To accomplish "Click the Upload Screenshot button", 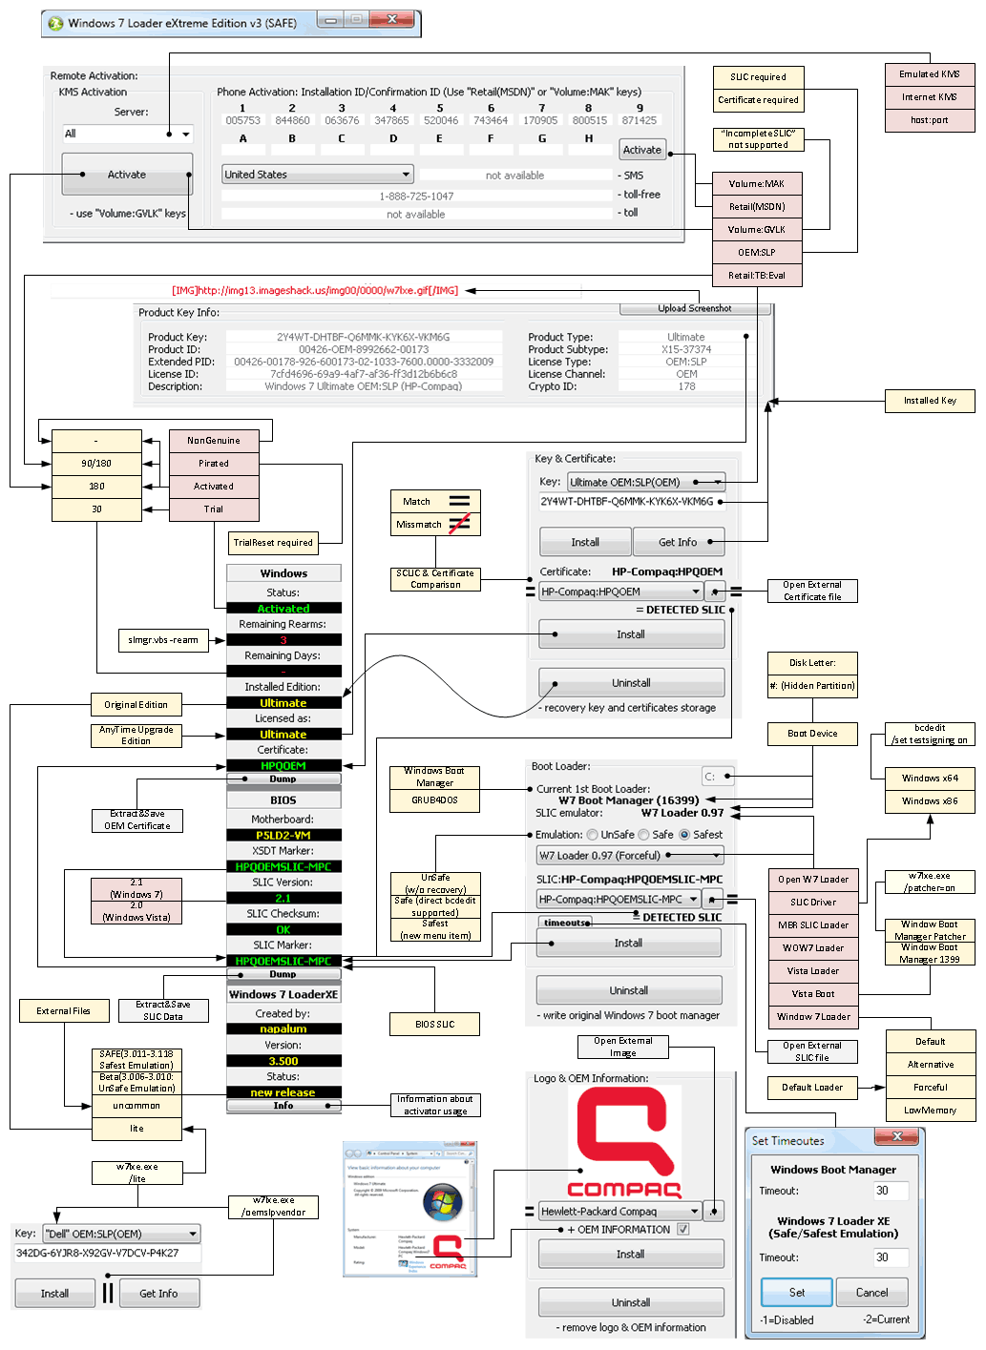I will coord(694,308).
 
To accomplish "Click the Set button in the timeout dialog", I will coord(796,1293).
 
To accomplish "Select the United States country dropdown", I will coord(317,175).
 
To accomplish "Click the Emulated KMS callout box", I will coord(929,74).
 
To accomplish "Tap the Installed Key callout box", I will coord(930,401).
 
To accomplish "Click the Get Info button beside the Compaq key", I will coord(678,542).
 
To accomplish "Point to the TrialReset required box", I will coord(273,543).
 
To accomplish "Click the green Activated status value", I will coord(283,609).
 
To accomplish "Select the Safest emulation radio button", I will coord(684,835).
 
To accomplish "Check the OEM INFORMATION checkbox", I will coord(683,1230).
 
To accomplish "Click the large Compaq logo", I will coord(624,1144).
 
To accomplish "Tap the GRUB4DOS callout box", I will coord(434,800).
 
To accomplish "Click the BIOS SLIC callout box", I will coord(434,1025).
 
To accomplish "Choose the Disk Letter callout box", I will coord(812,663).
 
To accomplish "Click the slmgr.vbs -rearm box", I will coord(163,640).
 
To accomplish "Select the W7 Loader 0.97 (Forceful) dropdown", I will coord(630,856).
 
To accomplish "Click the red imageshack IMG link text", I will coord(315,290).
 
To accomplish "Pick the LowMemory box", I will coord(930,1111).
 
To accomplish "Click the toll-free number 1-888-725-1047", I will coord(416,196).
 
